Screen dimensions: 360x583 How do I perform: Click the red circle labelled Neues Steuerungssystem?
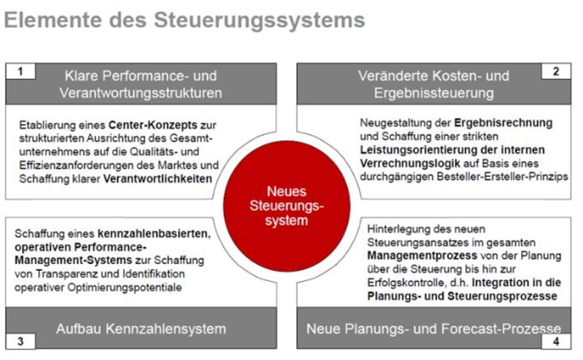pyautogui.click(x=288, y=206)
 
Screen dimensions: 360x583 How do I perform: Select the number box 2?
pyautogui.click(x=555, y=71)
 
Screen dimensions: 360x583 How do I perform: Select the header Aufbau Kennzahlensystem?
pyautogui.click(x=141, y=329)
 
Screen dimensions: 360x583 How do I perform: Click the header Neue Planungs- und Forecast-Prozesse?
pyautogui.click(x=434, y=329)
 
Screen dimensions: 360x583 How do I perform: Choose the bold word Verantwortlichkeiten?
pyautogui.click(x=158, y=179)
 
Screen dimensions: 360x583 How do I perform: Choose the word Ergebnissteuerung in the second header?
pyautogui.click(x=432, y=92)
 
